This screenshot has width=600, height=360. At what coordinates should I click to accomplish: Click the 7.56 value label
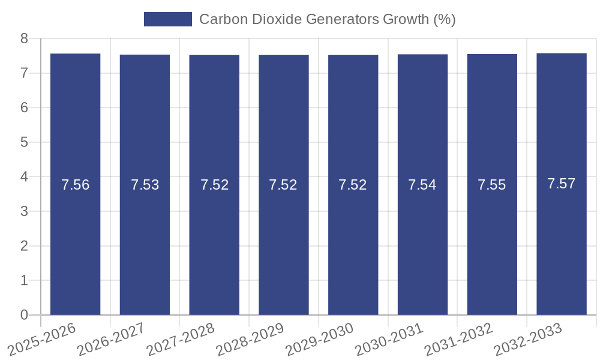tap(76, 185)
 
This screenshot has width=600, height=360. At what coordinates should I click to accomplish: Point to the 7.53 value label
tap(145, 185)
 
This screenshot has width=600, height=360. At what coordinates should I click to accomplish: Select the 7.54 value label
tap(422, 185)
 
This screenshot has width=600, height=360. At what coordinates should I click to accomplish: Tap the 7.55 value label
tap(492, 185)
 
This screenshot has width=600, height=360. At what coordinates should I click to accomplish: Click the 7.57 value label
tap(562, 184)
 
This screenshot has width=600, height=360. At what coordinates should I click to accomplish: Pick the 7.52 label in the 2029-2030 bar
tap(353, 185)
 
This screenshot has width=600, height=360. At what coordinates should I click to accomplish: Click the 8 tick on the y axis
tap(25, 39)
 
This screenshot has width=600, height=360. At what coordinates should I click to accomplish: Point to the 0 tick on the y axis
tap(25, 315)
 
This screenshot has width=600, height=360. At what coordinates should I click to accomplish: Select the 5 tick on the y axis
tap(25, 142)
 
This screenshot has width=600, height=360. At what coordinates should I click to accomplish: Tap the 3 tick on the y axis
tap(25, 211)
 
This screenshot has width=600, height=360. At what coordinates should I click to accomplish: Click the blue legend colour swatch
tap(168, 19)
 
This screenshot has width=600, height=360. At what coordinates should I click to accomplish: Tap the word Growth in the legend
tap(406, 19)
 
